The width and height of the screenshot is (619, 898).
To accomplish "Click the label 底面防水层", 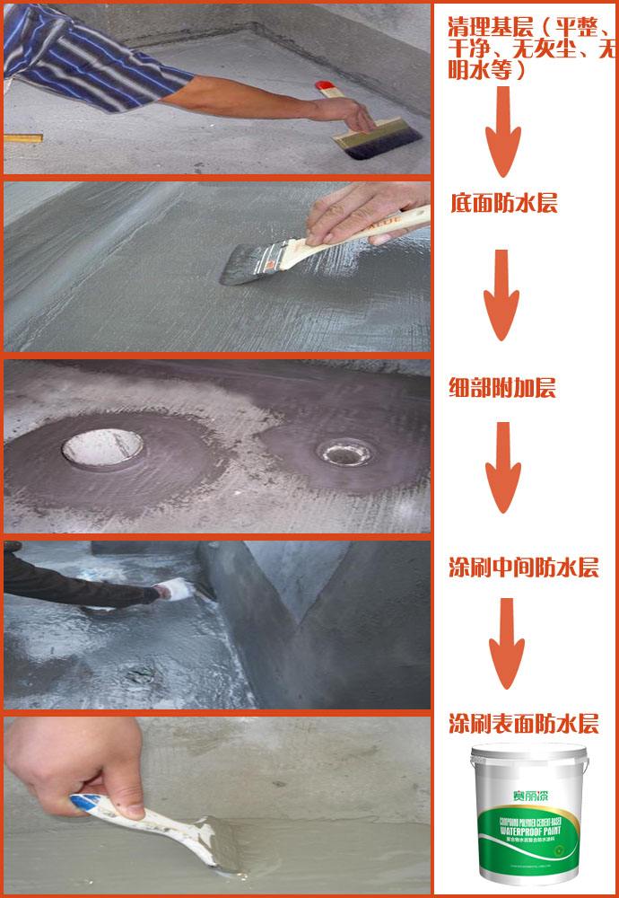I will pyautogui.click(x=504, y=204).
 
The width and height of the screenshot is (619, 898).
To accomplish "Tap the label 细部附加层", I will pyautogui.click(x=502, y=388).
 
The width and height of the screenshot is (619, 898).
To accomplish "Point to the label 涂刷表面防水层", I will pyautogui.click(x=523, y=724).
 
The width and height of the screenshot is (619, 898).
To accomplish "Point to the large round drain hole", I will pyautogui.click(x=102, y=446).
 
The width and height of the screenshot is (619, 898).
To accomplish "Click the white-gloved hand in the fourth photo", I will pyautogui.click(x=168, y=591).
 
